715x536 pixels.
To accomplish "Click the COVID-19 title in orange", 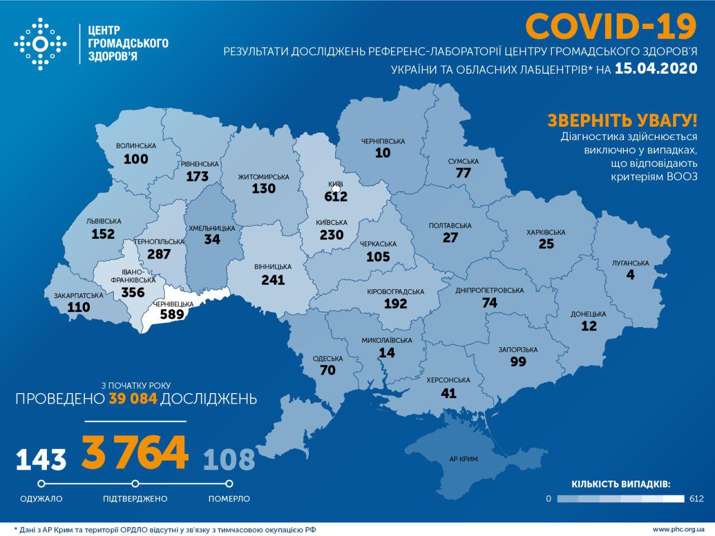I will [x=611, y=26].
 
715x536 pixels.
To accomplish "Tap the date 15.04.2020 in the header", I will [x=656, y=69].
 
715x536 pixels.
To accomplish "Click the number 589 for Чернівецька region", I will [x=172, y=314].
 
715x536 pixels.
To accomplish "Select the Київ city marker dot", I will [x=336, y=189].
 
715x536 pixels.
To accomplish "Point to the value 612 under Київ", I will [x=336, y=197].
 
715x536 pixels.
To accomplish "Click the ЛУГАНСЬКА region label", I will [x=630, y=263].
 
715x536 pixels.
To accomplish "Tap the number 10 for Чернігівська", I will [x=383, y=153].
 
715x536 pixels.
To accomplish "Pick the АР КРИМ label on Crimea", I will [x=463, y=460].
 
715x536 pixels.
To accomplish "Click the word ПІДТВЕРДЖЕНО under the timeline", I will [x=135, y=499].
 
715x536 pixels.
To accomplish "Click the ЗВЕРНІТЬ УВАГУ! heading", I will [x=622, y=120].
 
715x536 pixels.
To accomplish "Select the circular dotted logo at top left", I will [x=40, y=44].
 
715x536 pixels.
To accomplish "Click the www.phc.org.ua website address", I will [x=678, y=529].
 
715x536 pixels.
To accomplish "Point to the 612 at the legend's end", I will [x=697, y=499].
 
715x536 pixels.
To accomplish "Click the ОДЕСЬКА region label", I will [x=328, y=358].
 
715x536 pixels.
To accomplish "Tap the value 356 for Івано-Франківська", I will [x=133, y=293].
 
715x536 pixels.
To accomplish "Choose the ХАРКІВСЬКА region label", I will [x=546, y=232].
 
